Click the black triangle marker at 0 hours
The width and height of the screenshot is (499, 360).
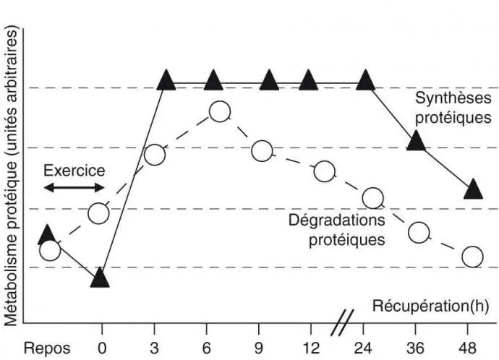(101, 277)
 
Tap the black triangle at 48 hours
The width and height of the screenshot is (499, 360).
(473, 189)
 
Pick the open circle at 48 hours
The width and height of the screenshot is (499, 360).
(472, 256)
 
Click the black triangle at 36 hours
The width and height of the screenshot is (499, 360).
(416, 140)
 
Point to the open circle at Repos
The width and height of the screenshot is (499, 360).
(49, 250)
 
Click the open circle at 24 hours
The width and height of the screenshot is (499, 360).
(372, 197)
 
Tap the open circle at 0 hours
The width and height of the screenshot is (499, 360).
(99, 213)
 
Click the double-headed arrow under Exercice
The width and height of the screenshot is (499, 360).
(74, 187)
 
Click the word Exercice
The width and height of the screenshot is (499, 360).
(74, 171)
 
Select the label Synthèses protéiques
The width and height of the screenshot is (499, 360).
(453, 107)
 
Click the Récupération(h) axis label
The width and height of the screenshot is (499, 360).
(430, 306)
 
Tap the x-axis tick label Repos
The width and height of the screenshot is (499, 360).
(47, 347)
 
